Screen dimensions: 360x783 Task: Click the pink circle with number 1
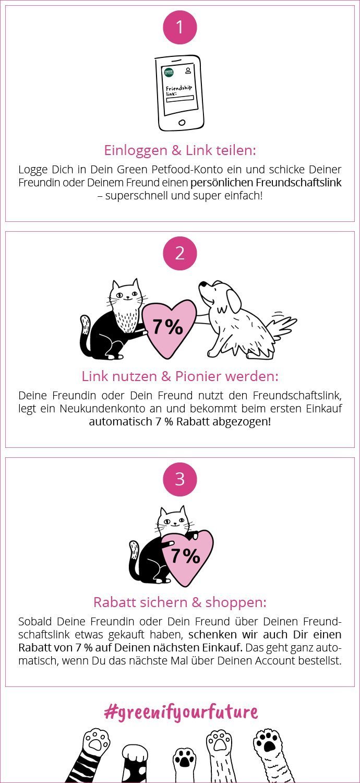[x=180, y=27]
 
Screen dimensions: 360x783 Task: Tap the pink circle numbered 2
[x=180, y=253]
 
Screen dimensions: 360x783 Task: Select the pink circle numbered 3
[x=180, y=479]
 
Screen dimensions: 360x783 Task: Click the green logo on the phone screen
[x=169, y=72]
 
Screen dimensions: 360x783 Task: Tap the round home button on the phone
[x=182, y=122]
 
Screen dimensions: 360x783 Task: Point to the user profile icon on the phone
[x=188, y=70]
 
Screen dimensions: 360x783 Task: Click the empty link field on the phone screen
[x=179, y=99]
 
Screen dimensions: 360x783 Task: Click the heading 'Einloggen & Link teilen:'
[x=180, y=150]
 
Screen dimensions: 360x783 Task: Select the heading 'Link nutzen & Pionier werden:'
[x=180, y=376]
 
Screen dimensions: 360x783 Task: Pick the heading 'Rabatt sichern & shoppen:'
[x=180, y=602]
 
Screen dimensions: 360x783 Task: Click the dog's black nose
[x=202, y=284]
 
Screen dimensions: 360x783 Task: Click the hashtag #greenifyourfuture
[x=181, y=711]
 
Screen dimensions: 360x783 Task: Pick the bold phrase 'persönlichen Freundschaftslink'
[x=266, y=183]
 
